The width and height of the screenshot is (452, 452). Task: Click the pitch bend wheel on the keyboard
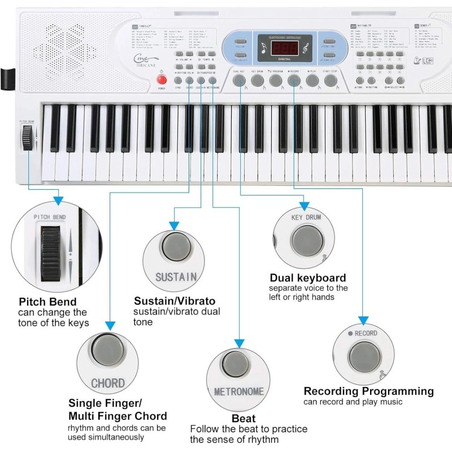[26, 138]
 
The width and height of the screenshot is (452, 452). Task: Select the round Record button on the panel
[293, 81]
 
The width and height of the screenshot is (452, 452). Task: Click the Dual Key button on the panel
[239, 81]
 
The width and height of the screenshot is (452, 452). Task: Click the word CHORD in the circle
[108, 383]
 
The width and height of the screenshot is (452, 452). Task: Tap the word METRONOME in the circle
[239, 392]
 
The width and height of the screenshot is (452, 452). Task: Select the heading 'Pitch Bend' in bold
[47, 302]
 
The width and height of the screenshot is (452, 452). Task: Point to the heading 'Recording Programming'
[368, 391]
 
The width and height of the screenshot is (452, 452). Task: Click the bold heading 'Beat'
[244, 419]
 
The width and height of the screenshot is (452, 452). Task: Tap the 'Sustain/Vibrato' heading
[175, 301]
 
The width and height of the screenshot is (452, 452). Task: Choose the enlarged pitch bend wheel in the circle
[50, 250]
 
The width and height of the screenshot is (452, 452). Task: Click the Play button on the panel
[312, 81]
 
